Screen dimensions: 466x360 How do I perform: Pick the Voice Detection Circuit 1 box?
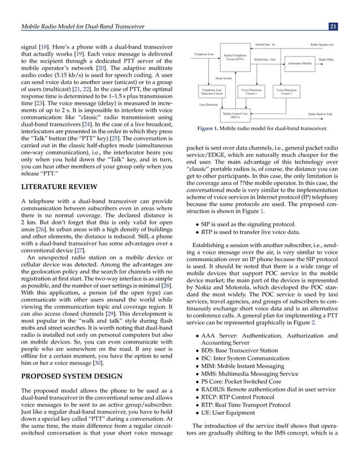coord(251,91)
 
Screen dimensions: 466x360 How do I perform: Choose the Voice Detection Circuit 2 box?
coord(287,91)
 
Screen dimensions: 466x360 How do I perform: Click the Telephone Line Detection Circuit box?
coord(212,91)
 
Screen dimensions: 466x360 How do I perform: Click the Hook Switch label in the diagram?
coord(223,78)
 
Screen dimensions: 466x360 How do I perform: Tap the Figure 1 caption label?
coord(212,129)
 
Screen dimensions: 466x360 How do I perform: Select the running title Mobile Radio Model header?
coord(82,26)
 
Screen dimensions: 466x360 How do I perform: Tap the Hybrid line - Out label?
coord(265,59)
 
